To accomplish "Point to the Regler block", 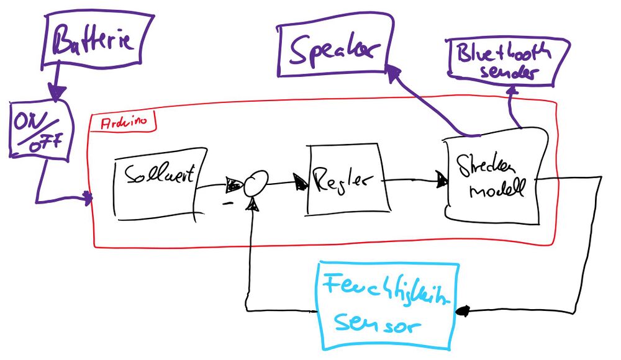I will click(x=347, y=180).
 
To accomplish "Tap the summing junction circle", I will click(x=255, y=184).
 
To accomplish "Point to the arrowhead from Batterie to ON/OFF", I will click(x=57, y=96).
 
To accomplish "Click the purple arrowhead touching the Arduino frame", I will click(x=88, y=199).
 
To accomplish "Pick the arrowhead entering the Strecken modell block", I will click(x=442, y=181).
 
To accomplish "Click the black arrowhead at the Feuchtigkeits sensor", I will click(x=463, y=311).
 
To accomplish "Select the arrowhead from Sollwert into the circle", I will click(x=235, y=184).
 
